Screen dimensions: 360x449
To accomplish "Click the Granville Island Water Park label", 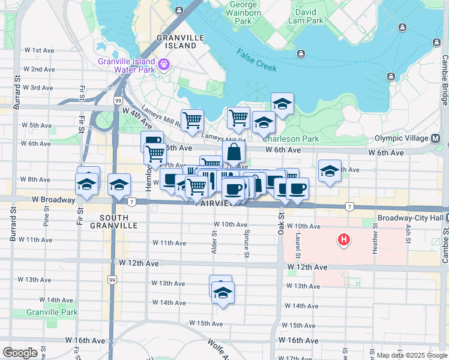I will click(130, 66).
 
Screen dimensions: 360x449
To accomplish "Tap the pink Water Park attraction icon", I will click(163, 63).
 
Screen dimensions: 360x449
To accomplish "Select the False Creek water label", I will click(256, 60).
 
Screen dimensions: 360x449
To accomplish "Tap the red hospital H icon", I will click(344, 241).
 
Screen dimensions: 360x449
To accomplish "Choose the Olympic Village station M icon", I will click(435, 139).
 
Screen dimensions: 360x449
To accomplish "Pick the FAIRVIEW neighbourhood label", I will click(214, 203).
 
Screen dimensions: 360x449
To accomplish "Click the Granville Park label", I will click(52, 312).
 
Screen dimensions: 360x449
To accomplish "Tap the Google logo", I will click(20, 353).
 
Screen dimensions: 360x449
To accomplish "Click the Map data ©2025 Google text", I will click(411, 356).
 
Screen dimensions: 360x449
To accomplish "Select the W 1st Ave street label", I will click(43, 50).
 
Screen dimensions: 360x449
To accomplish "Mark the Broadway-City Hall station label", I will click(409, 218).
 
